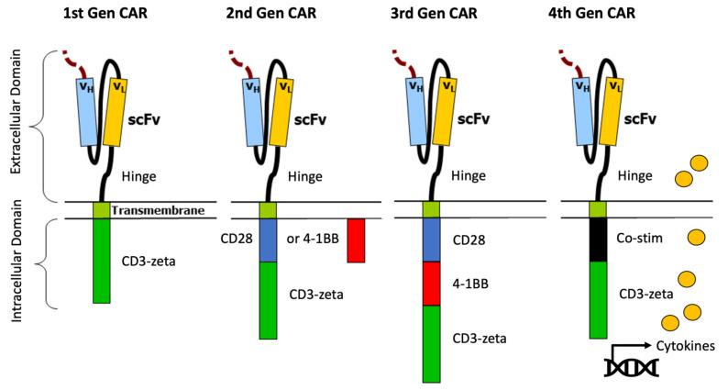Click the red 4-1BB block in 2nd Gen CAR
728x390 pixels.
pyautogui.click(x=355, y=240)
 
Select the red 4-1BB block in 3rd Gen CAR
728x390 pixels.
pyautogui.click(x=431, y=284)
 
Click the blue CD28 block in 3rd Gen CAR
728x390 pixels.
pyautogui.click(x=431, y=240)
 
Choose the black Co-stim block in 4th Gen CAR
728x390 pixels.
pyautogui.click(x=599, y=240)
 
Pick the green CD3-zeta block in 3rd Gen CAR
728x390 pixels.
pyautogui.click(x=431, y=342)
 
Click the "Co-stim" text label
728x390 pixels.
pyautogui.click(x=645, y=238)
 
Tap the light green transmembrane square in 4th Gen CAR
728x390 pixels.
pyautogui.click(x=599, y=210)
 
